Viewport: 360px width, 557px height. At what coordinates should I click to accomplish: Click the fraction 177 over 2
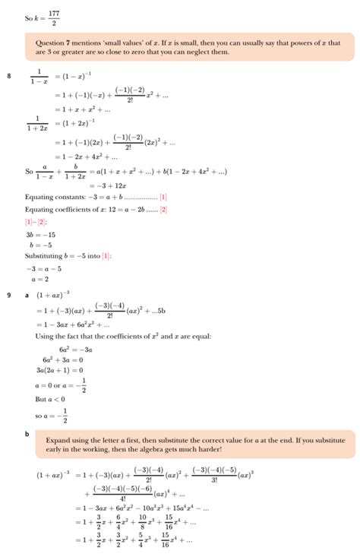[x=52, y=16]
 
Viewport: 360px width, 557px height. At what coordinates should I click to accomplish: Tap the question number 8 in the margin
[x=9, y=74]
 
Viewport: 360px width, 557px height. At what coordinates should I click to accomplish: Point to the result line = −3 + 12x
[x=108, y=185]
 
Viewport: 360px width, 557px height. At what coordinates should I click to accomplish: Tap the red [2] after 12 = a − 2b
[x=163, y=209]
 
